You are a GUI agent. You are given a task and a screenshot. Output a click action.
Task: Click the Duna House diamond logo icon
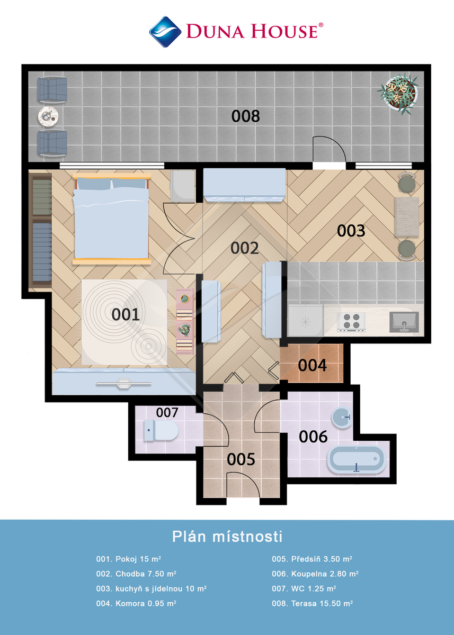tap(165, 32)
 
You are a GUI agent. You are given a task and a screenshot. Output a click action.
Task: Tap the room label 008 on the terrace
tap(245, 116)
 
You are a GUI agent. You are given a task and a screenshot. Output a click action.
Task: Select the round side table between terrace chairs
tap(48, 116)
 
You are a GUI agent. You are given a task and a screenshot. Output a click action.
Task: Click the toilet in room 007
tap(161, 430)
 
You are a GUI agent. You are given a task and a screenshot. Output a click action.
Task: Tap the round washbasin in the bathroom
tap(343, 418)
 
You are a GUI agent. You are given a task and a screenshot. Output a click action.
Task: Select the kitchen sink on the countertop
tap(404, 322)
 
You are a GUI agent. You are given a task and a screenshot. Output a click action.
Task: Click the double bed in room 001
tap(112, 219)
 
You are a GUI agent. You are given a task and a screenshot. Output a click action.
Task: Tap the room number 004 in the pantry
tap(312, 365)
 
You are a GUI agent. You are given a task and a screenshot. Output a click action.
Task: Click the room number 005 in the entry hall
tap(241, 459)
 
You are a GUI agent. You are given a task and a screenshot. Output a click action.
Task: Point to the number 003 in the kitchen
tap(351, 231)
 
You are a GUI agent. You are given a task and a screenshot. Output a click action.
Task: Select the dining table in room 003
tap(407, 217)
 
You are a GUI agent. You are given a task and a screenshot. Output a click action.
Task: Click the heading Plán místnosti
tap(227, 537)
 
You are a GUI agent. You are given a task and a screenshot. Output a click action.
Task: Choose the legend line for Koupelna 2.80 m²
tap(315, 574)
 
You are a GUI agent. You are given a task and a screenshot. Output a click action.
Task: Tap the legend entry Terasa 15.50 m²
tap(312, 603)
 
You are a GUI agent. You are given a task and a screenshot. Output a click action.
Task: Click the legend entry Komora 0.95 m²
tap(136, 603)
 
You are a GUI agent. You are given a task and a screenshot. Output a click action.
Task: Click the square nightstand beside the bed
tap(182, 186)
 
